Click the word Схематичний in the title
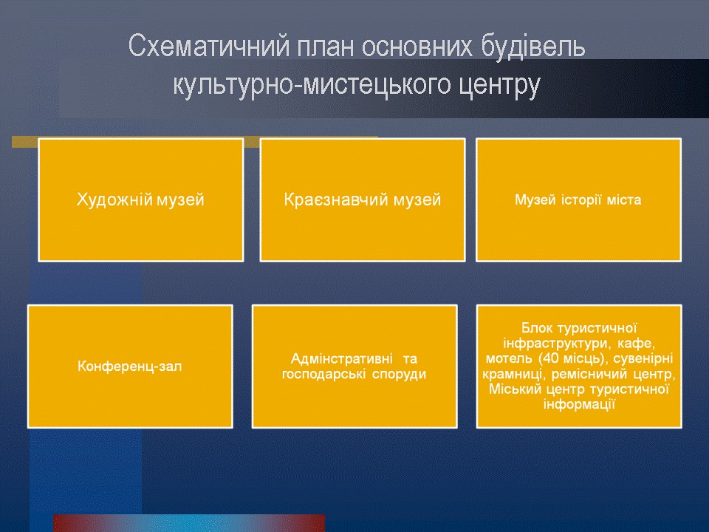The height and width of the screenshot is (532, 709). point(209,47)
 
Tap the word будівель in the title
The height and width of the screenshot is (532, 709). point(533,47)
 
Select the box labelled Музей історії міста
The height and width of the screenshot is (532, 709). point(579,200)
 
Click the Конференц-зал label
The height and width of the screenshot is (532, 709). point(130,366)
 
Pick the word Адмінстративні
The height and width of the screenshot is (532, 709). point(341,359)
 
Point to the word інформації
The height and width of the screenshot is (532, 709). point(579,404)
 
